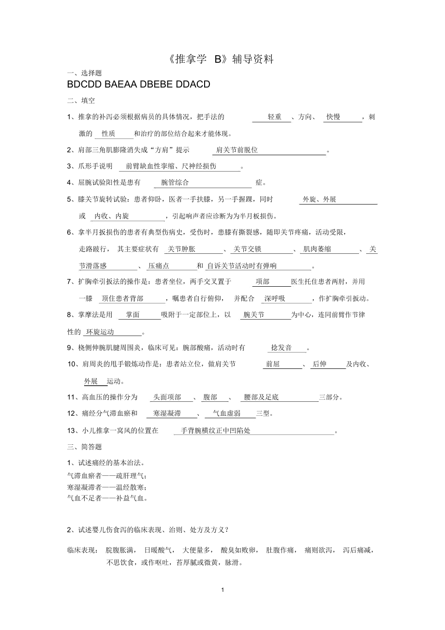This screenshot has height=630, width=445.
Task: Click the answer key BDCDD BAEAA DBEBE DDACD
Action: click(139, 85)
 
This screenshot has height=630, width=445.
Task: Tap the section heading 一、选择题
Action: click(85, 73)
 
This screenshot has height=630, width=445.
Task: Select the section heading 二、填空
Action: click(81, 101)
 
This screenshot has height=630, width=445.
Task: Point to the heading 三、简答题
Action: click(85, 447)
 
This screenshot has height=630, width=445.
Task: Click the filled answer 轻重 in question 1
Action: click(275, 117)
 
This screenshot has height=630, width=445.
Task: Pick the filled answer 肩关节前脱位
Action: click(237, 150)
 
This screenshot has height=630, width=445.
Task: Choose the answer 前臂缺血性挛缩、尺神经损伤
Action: click(172, 166)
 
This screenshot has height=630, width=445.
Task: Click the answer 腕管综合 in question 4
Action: click(175, 183)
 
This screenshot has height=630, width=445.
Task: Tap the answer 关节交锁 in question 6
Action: click(248, 249)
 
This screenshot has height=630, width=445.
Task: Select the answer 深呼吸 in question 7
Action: click(275, 299)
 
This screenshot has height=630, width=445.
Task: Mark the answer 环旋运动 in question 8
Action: click(100, 332)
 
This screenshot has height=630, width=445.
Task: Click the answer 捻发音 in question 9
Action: click(282, 348)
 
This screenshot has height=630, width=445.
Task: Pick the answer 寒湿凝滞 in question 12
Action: click(167, 413)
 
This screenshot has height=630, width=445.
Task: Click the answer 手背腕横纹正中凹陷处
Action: click(216, 430)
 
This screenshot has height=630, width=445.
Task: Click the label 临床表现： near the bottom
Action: click(83, 550)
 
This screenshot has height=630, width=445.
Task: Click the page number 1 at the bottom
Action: click(222, 590)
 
